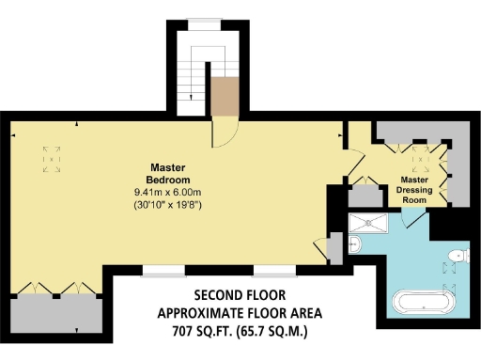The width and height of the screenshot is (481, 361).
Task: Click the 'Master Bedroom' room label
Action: tap(168, 173)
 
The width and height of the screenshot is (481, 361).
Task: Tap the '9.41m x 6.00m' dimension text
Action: tap(168, 192)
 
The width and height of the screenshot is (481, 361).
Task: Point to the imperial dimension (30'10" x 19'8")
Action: tap(168, 204)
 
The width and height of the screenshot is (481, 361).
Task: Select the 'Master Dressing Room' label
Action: tap(414, 189)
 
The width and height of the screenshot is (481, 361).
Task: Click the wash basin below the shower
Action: tap(353, 245)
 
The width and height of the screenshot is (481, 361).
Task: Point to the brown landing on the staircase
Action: tap(223, 94)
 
